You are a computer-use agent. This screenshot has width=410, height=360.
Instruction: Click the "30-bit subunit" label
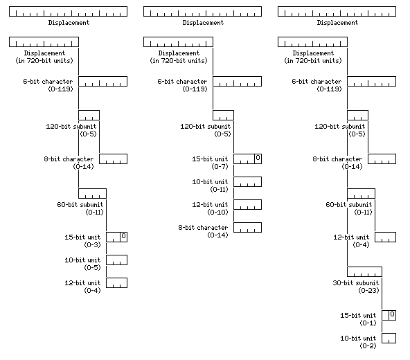pos(355,283)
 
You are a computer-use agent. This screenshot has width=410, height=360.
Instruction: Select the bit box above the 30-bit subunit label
pos(364,272)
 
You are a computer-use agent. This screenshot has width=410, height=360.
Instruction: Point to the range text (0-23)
pos(368,291)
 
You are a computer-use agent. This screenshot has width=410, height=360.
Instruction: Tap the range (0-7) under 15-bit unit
pos(220,167)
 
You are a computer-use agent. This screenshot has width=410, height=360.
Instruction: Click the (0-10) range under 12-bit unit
pos(217,213)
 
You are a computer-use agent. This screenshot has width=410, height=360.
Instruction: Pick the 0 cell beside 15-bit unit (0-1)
pos(392,314)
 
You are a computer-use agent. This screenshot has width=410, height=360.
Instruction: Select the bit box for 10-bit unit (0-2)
pos(389,338)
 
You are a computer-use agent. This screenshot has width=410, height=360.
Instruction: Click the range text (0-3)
pos(92,244)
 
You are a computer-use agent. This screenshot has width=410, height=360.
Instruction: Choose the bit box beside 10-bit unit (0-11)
pos(247,181)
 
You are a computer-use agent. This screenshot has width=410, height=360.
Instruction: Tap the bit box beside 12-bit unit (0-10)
pos(247,204)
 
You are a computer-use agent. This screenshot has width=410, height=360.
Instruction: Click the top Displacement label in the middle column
pos(203,23)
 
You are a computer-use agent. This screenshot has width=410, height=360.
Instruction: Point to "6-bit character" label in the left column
pos(48,81)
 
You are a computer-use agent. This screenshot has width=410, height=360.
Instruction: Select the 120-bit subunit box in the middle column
pos(223,116)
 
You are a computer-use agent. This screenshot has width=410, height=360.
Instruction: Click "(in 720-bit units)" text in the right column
pos(313,61)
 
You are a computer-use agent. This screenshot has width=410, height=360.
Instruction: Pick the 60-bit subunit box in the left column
pos(92,193)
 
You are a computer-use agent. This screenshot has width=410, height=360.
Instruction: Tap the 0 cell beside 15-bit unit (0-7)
pos(258,158)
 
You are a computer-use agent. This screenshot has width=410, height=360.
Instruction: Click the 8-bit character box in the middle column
pos(247,228)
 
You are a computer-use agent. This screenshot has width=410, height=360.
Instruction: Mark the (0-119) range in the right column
pos(329,89)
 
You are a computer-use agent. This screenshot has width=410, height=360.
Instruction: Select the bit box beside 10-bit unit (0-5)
pos(116,260)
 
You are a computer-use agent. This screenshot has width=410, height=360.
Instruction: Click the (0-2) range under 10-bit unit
pos(368,346)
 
